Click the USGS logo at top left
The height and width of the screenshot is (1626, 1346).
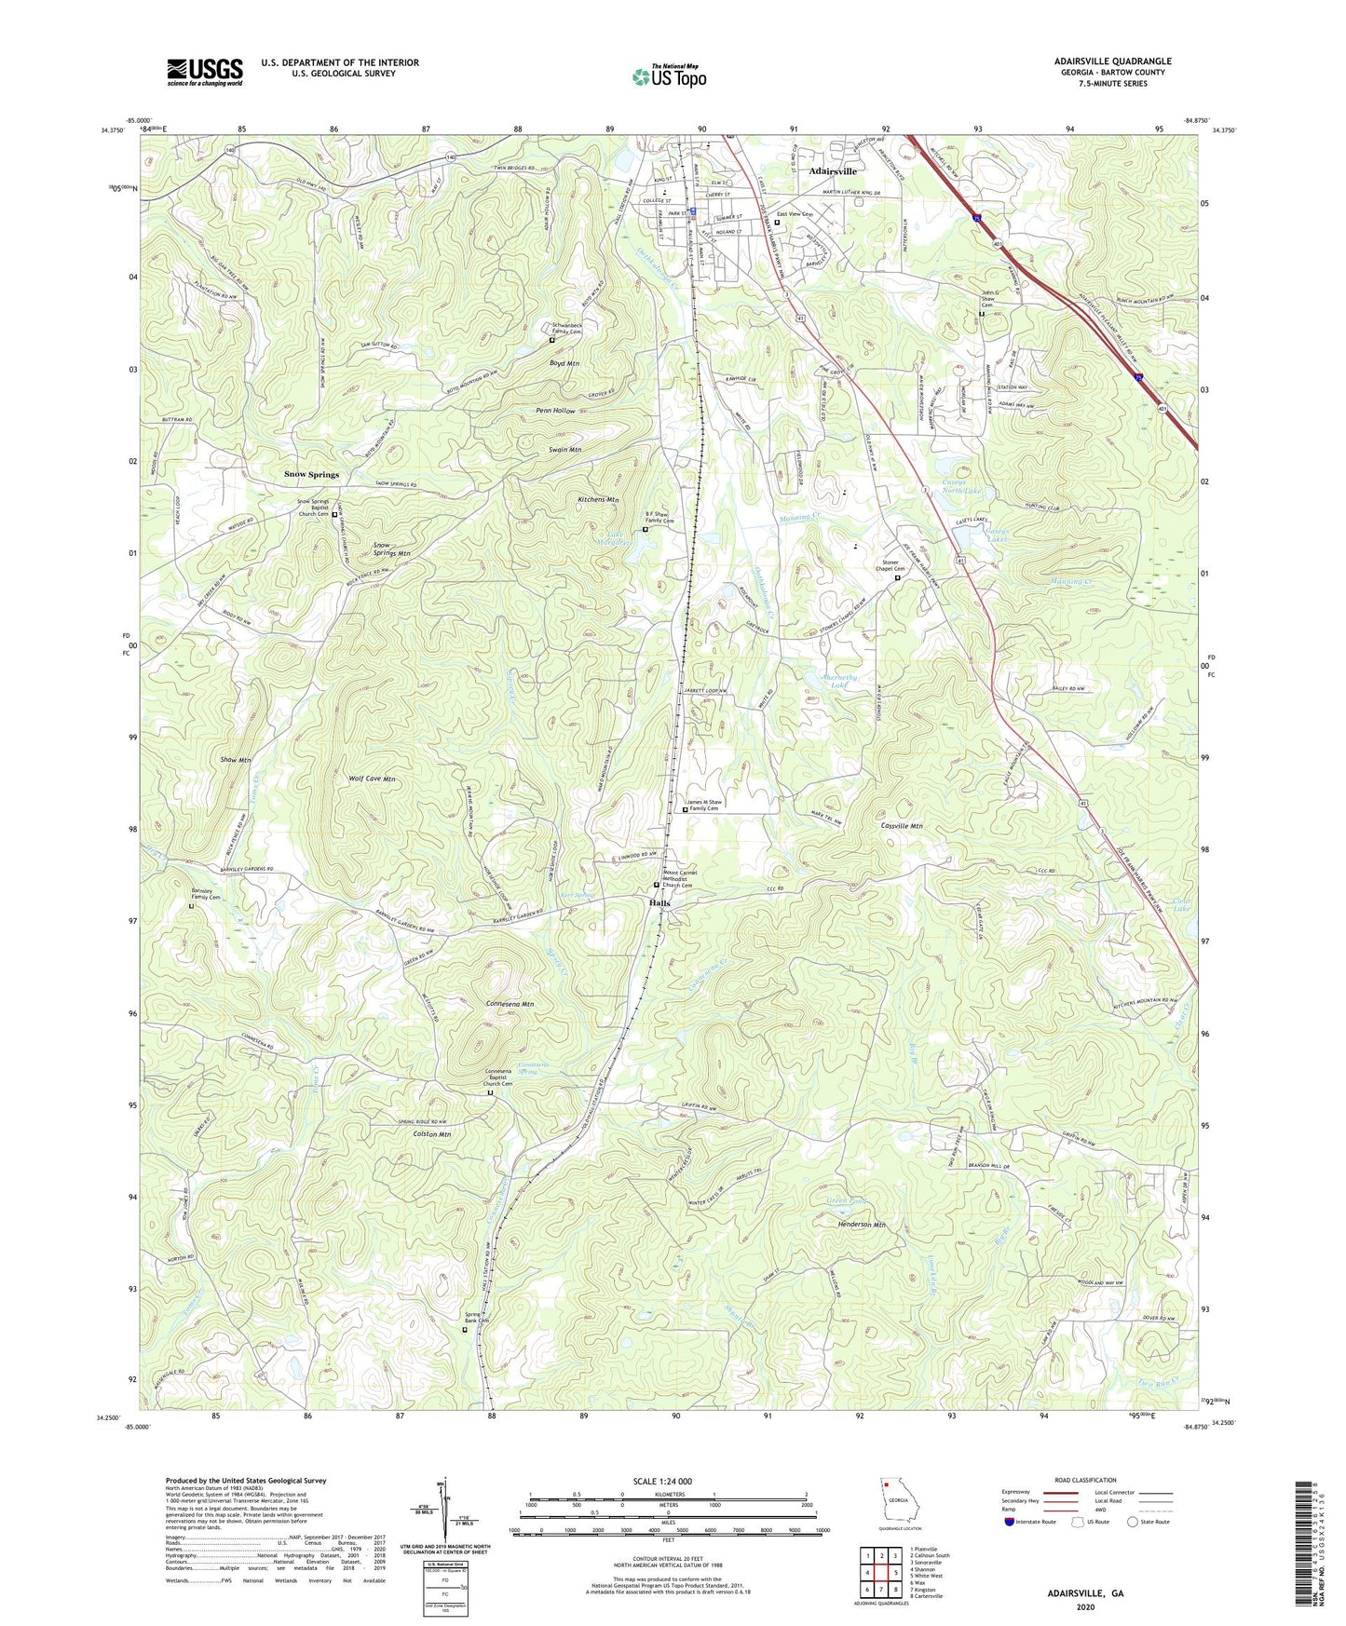[x=205, y=71]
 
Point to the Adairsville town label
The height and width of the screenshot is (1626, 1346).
[x=832, y=171]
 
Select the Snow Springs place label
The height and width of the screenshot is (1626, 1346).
[x=311, y=474]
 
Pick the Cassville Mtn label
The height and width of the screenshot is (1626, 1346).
[x=902, y=826]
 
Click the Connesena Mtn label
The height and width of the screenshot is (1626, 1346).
[x=510, y=1005]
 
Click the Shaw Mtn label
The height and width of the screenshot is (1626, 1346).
[x=236, y=760]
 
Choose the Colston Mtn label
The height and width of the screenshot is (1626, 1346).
[x=431, y=1135]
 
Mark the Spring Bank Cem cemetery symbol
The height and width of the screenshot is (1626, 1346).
[x=466, y=1330]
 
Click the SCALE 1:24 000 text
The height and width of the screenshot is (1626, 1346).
[x=667, y=1481]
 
